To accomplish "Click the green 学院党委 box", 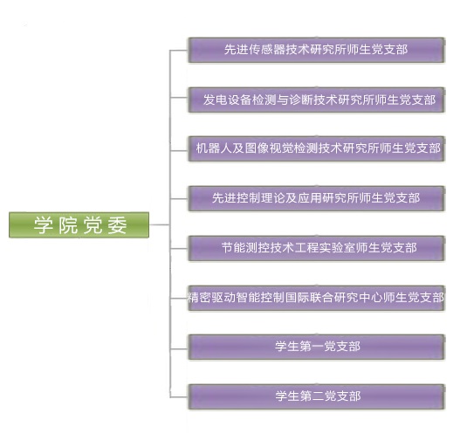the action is click(79, 225).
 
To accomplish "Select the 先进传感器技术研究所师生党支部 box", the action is click(316, 50).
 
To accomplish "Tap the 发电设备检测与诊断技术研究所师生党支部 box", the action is click(316, 100).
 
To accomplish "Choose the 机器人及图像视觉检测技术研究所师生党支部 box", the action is click(316, 148).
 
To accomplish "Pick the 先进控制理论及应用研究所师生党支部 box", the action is click(316, 198).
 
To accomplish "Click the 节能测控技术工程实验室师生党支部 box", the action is click(316, 248).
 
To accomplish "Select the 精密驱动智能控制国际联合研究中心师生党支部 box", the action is click(316, 298).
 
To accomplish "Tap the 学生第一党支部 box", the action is click(316, 347).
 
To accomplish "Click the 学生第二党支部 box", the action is click(316, 397).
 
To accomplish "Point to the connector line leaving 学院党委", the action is click(160, 224).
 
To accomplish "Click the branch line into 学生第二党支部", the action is click(179, 397).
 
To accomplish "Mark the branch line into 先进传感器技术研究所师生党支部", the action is click(179, 50).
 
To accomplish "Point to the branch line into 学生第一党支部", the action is click(179, 348).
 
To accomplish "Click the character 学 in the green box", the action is click(44, 225).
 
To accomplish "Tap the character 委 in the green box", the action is click(117, 225).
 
